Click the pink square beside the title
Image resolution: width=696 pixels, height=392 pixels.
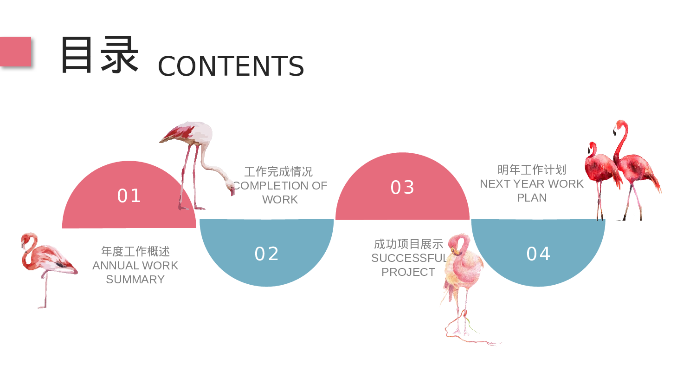[15, 51]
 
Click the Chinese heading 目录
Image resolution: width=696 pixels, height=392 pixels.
[99, 55]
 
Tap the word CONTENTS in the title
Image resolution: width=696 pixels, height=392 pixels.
[231, 66]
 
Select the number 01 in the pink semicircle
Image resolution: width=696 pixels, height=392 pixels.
[129, 196]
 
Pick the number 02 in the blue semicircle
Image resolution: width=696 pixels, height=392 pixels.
[267, 254]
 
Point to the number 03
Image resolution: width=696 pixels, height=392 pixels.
[402, 188]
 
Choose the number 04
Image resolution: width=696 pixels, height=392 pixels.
[538, 254]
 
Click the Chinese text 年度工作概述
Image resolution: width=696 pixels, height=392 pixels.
[135, 251]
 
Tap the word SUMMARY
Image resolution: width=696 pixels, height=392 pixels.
[135, 280]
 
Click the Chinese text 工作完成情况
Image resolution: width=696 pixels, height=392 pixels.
[278, 171]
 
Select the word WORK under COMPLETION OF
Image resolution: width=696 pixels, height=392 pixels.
[280, 200]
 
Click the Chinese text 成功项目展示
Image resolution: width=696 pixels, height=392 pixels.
[408, 244]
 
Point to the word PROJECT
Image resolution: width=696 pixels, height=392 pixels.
[408, 272]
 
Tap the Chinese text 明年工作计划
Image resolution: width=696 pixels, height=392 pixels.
[532, 170]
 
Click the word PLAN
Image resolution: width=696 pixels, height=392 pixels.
[532, 198]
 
